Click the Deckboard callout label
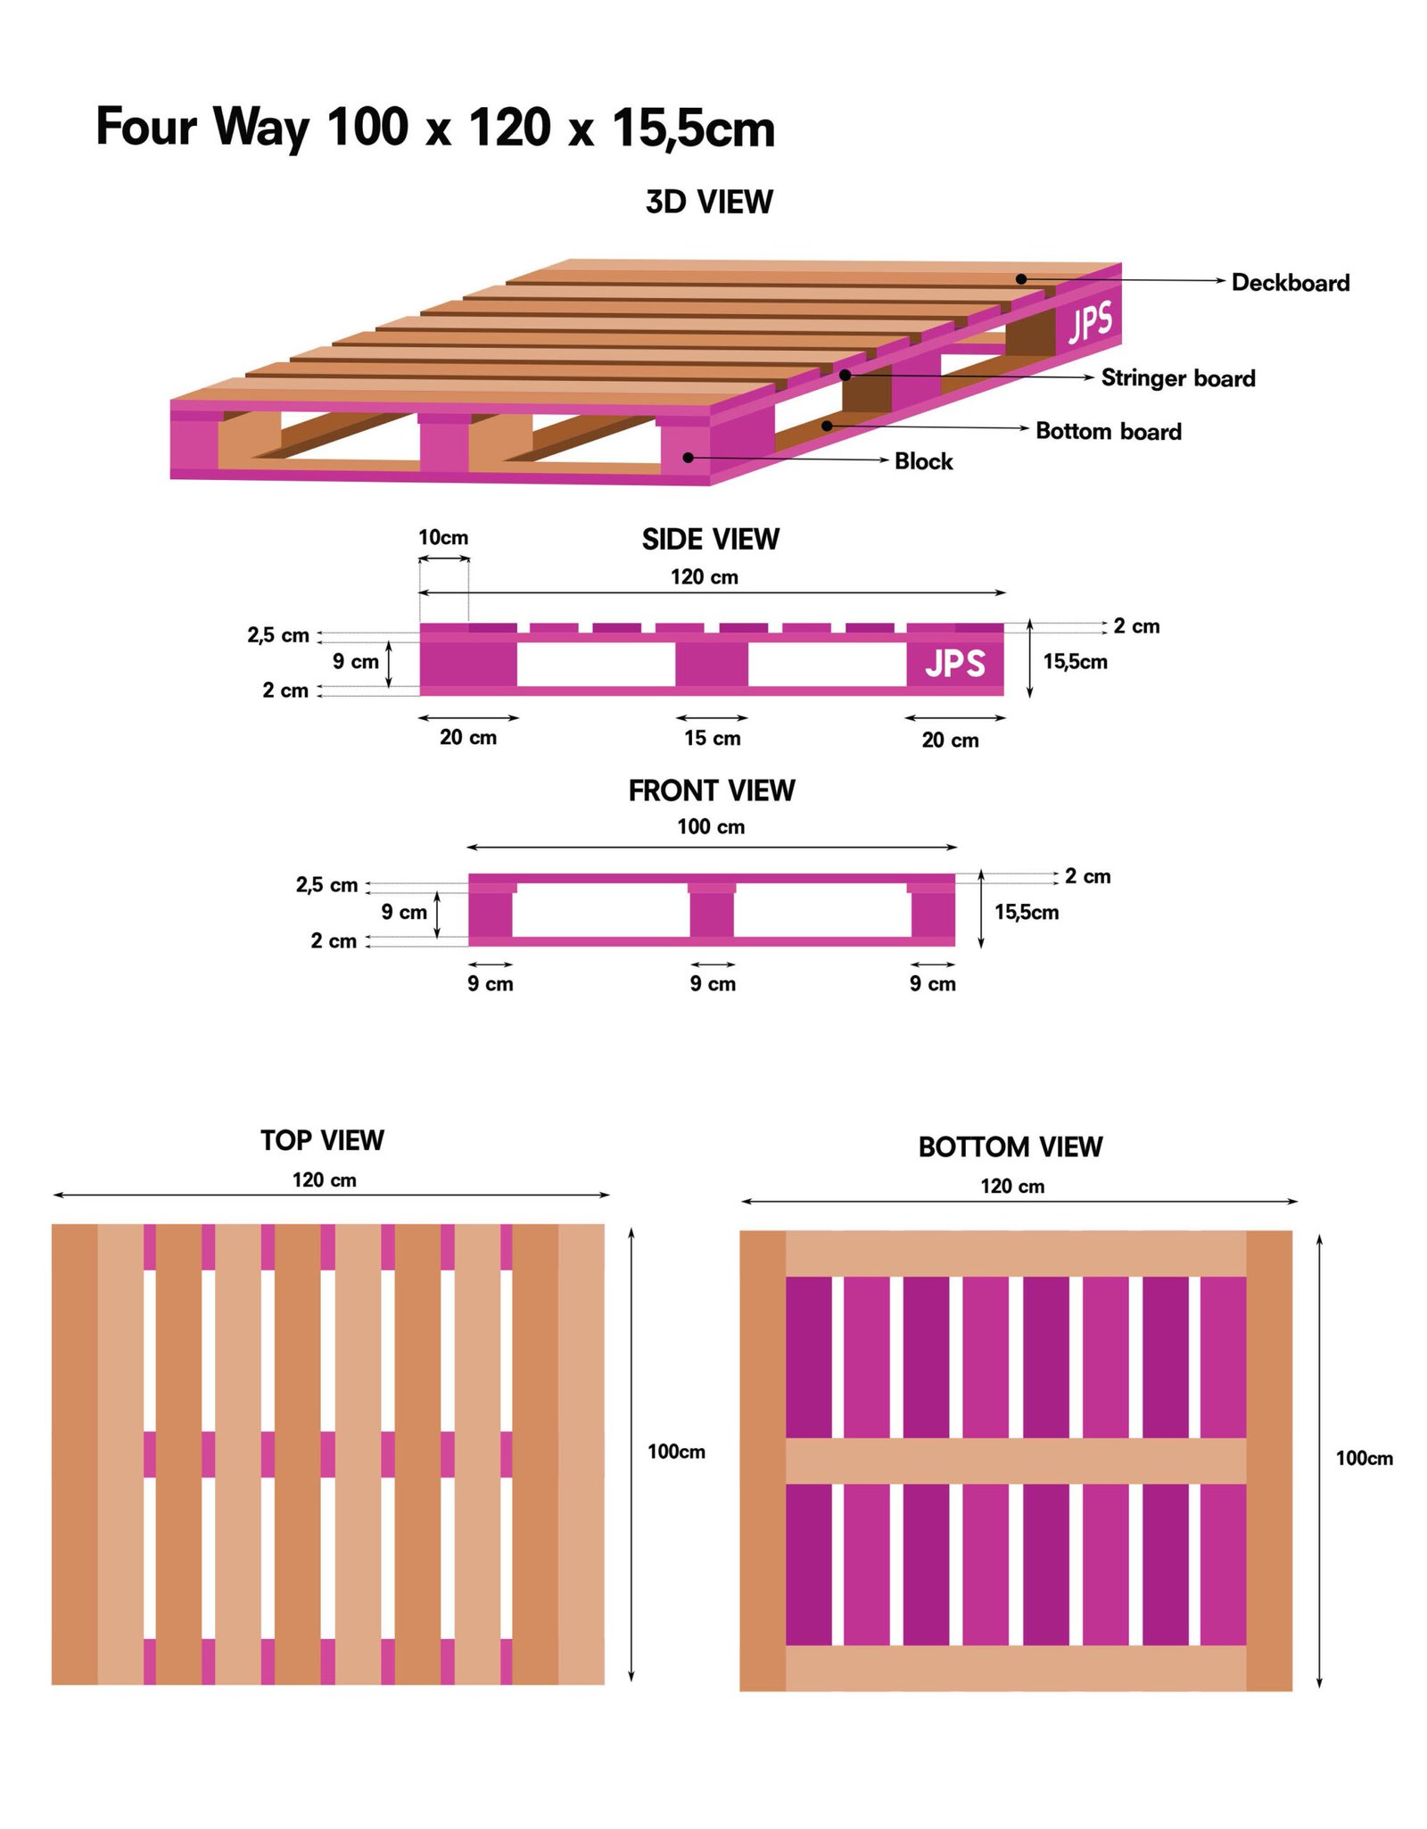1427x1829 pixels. (1290, 283)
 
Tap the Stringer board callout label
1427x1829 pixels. (1177, 378)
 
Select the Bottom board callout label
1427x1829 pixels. (1108, 432)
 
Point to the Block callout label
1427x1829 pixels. (923, 461)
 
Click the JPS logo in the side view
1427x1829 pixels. (954, 664)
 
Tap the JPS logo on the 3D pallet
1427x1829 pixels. (1090, 322)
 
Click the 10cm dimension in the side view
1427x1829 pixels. (443, 538)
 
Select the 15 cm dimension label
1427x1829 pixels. (712, 738)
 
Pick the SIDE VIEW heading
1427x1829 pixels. (710, 539)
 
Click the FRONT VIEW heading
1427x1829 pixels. (711, 790)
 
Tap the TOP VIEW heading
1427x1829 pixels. (322, 1140)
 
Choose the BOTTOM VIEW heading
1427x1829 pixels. (1010, 1146)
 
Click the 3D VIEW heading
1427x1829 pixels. (709, 203)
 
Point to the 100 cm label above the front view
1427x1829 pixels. (711, 827)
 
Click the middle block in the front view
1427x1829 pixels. (712, 914)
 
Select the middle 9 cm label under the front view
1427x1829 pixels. (713, 984)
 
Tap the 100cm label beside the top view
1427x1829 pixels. (676, 1452)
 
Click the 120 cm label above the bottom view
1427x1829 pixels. (1012, 1187)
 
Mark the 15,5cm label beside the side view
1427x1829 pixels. (1075, 662)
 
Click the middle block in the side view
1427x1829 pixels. (711, 665)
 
